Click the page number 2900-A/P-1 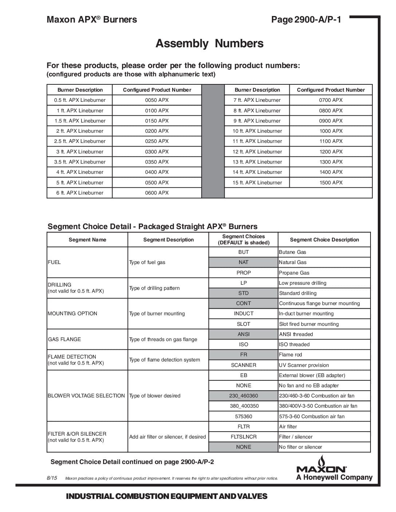[x=306, y=20]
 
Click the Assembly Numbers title [x=209, y=44]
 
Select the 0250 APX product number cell [x=157, y=141]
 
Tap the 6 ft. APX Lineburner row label [x=80, y=193]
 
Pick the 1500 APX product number [x=331, y=183]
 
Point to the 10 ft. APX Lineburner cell [x=257, y=131]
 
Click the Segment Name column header [x=87, y=240]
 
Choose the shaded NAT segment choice [x=243, y=262]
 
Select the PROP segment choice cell [x=243, y=273]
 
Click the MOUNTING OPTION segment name [x=72, y=313]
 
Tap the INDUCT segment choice [x=243, y=313]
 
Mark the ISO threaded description [x=294, y=344]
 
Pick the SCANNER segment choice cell [x=243, y=365]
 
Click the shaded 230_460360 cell [x=243, y=396]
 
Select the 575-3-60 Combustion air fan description [x=312, y=416]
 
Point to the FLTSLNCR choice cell [x=243, y=437]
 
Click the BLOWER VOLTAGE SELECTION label [x=86, y=396]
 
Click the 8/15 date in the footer [x=52, y=478]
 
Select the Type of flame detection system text [x=165, y=360]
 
